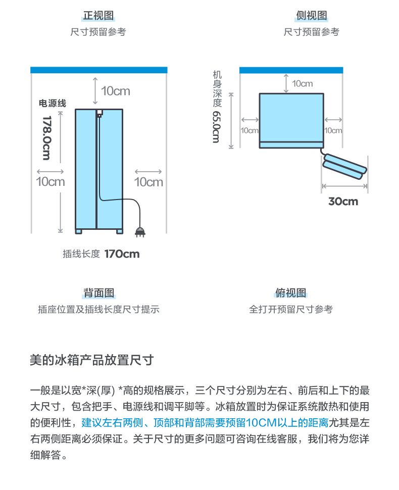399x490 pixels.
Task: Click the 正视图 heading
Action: pos(98,15)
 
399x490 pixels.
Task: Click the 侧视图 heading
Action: pos(312,15)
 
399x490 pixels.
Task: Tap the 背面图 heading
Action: pos(99,293)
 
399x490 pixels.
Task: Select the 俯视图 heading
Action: pos(290,293)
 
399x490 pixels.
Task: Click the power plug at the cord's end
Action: pos(140,232)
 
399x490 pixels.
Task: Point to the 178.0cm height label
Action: pos(46,138)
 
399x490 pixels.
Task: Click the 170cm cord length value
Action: pos(122,254)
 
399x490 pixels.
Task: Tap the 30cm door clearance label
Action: pos(343,201)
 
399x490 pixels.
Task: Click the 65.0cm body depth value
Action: pos(216,127)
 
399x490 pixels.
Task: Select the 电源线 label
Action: pos(53,103)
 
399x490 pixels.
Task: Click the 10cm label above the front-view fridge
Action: pos(115,91)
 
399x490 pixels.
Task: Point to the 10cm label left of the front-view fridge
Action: pos(51,181)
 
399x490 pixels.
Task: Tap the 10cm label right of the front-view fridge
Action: pos(148,182)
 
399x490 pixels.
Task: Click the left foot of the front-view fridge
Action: pos(79,231)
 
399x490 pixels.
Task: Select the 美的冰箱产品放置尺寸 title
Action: pos(92,360)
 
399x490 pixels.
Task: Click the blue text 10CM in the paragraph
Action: pos(261,423)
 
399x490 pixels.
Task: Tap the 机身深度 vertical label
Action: pos(217,89)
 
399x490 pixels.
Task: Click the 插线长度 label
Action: pos(81,254)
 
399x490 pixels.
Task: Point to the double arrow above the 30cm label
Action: pos(344,186)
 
